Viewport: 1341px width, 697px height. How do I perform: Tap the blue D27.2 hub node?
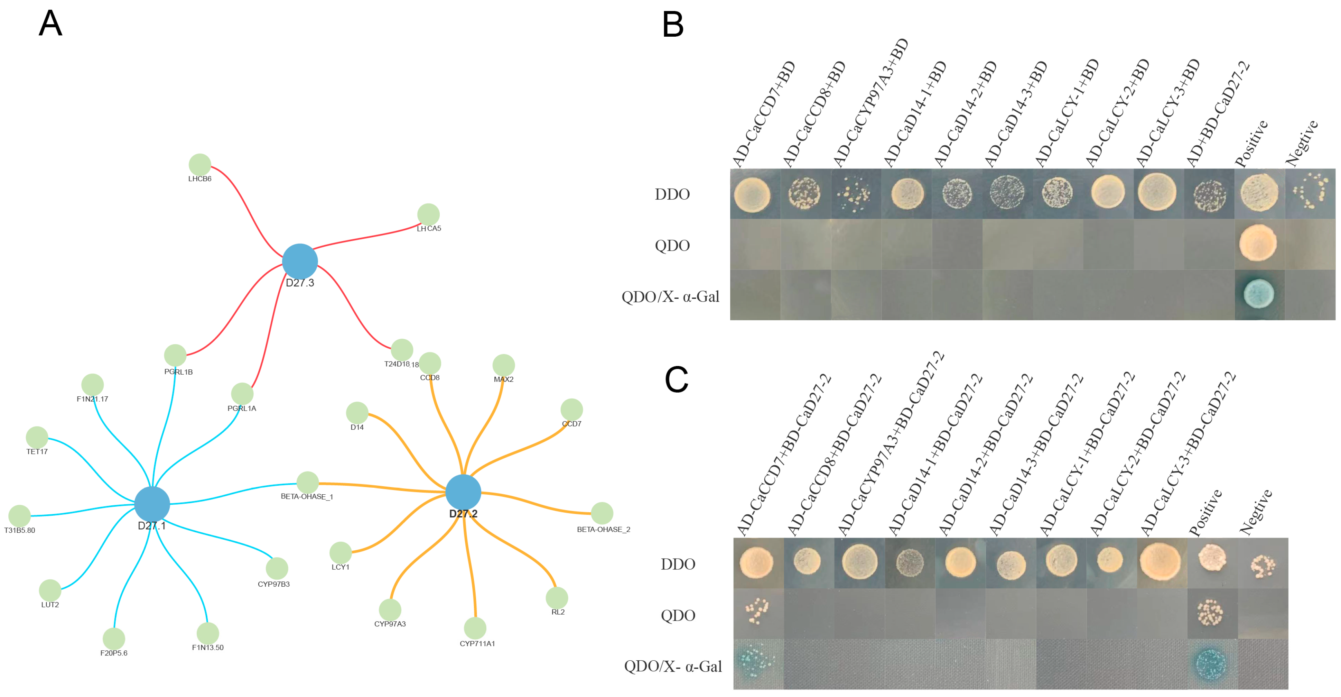(x=463, y=492)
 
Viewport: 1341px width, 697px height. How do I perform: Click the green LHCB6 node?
(x=200, y=165)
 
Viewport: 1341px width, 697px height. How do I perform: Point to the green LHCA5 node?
(x=428, y=214)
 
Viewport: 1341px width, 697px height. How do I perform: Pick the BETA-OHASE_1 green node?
(x=308, y=483)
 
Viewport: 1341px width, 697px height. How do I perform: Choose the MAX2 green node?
(x=503, y=365)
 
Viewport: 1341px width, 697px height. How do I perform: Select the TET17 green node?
(x=37, y=437)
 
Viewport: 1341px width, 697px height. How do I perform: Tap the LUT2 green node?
(x=50, y=590)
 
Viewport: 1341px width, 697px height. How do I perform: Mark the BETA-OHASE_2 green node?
(x=602, y=513)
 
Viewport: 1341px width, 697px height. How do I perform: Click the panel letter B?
(x=673, y=25)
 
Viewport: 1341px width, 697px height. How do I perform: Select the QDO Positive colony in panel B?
(x=1258, y=243)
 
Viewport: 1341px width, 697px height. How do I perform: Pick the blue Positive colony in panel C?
(x=1210, y=664)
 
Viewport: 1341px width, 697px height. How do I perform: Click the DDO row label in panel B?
(x=672, y=194)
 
